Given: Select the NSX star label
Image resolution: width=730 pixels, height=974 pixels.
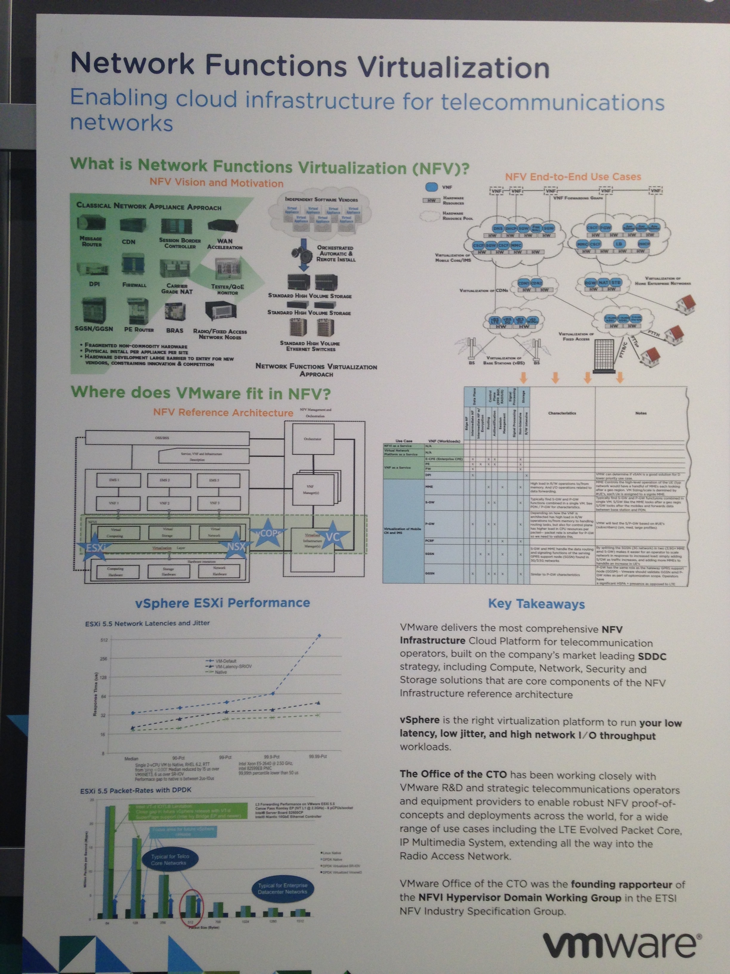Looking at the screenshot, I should tap(236, 546).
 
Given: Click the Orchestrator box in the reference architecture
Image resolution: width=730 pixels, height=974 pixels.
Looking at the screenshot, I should tap(313, 439).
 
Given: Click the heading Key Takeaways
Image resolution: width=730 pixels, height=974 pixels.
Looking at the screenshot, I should tap(536, 604).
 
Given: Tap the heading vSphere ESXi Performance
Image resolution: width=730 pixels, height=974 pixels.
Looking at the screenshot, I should tap(223, 603).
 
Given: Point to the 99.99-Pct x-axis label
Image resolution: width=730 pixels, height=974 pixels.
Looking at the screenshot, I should tap(318, 756).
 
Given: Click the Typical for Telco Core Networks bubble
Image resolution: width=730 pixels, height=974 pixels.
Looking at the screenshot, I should tap(170, 859).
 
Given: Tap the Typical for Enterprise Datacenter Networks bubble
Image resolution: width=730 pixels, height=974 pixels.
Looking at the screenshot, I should tap(283, 889).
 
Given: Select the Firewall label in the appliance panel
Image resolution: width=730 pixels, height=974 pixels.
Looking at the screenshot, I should tap(134, 285).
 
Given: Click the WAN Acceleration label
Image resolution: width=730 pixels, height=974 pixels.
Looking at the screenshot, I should tap(225, 244).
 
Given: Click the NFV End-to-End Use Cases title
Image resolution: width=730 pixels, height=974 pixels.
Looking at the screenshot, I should tap(573, 177).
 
